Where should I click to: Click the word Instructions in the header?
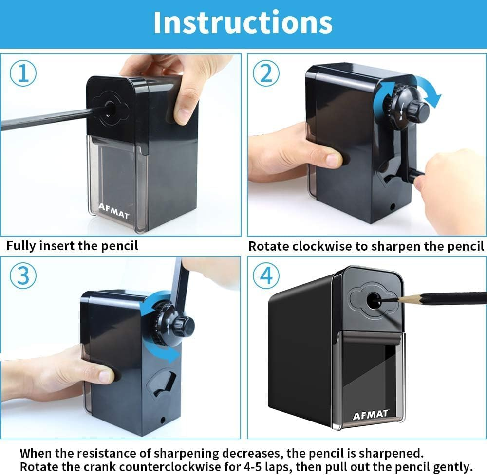tap(243, 22)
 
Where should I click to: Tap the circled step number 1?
tap(23, 73)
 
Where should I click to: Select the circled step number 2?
tap(266, 73)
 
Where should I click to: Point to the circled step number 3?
tap(23, 275)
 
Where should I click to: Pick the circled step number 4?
tap(266, 275)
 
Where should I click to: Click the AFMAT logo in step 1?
tap(113, 211)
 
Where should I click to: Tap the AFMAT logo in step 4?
tap(371, 415)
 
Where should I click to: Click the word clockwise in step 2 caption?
tap(322, 246)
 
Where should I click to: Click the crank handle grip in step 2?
tap(415, 175)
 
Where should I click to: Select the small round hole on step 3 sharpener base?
tap(163, 420)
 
